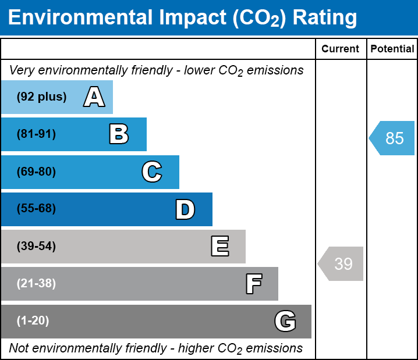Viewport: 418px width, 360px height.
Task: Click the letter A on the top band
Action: (x=94, y=97)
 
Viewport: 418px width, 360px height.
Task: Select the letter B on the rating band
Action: (x=119, y=134)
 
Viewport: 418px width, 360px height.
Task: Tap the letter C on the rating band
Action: (x=151, y=172)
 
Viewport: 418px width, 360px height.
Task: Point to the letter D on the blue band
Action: (x=185, y=209)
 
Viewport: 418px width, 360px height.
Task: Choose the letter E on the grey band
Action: (x=219, y=247)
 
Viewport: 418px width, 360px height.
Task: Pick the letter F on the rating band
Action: (x=253, y=284)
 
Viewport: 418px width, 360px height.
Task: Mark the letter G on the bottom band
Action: (x=285, y=322)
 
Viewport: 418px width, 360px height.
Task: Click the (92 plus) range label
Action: (x=41, y=97)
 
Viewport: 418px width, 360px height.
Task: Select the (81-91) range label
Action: (x=36, y=134)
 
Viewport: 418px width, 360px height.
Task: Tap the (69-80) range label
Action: (x=36, y=172)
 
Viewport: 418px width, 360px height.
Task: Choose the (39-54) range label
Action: (x=36, y=247)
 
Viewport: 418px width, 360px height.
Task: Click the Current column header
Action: (x=341, y=49)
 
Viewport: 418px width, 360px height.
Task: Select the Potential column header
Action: (x=392, y=49)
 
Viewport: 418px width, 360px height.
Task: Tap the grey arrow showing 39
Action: (x=341, y=264)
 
